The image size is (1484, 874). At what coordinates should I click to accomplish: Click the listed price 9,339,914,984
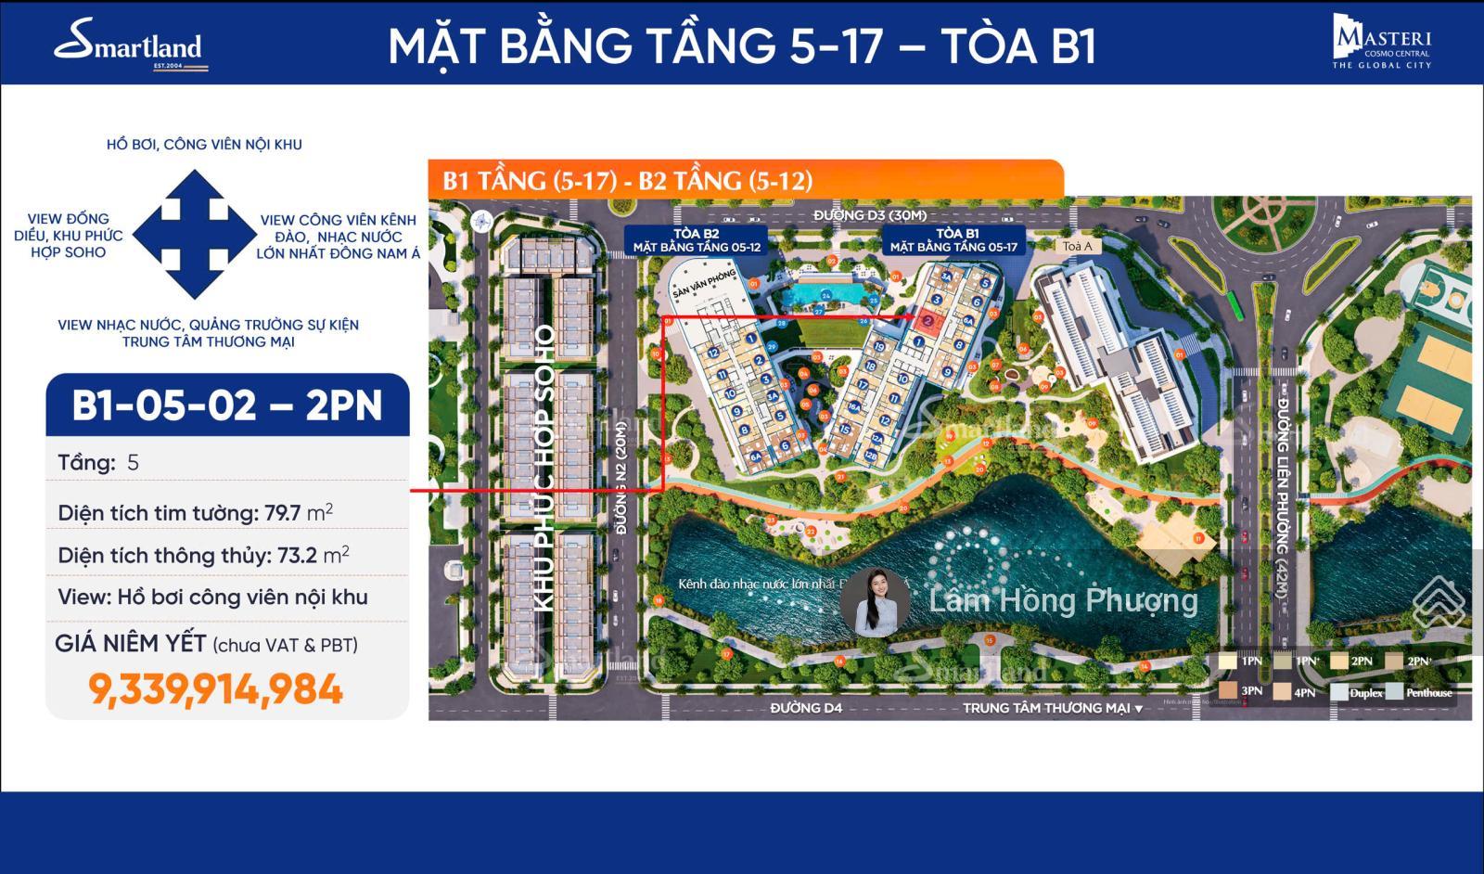point(215,689)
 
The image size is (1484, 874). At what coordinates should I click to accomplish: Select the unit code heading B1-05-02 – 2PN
point(227,405)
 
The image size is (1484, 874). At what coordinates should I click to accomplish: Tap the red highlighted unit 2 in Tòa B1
point(928,319)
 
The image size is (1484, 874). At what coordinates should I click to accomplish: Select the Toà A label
point(1077,247)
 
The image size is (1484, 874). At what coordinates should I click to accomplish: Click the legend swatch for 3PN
point(1227,692)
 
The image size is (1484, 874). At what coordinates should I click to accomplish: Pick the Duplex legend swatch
point(1339,692)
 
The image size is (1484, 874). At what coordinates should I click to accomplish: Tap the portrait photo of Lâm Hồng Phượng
point(875,601)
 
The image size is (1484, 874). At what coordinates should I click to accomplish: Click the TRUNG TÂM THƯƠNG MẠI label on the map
point(1046,708)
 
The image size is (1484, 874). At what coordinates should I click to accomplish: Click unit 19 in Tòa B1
point(878,348)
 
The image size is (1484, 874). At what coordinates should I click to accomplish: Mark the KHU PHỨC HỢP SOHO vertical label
point(545,469)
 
